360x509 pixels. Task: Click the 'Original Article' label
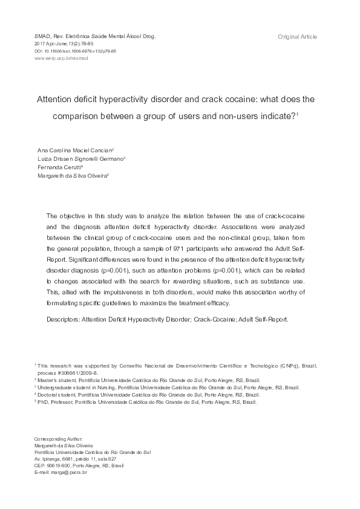pos(297,37)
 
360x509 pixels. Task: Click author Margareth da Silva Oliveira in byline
pos(71,175)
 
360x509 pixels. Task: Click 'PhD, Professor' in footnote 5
pos(55,402)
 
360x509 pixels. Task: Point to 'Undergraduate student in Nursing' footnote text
pos(76,387)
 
